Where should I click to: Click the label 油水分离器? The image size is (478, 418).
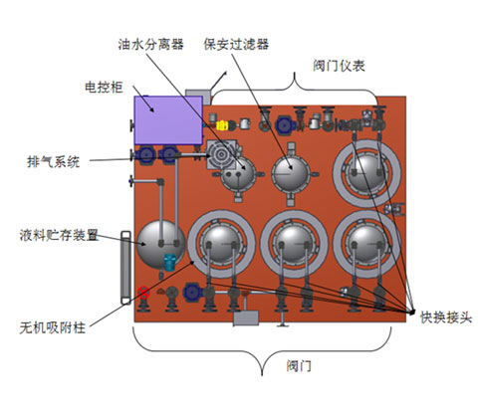click(150, 44)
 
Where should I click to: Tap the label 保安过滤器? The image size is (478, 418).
click(236, 44)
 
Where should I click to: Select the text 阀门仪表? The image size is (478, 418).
click(339, 66)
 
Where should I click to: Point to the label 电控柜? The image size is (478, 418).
click(104, 88)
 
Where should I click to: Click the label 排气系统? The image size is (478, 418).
click(54, 162)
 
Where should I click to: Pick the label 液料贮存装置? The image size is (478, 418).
click(59, 235)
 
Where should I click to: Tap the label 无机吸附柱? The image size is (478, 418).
click(53, 327)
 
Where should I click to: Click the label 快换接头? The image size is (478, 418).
click(446, 317)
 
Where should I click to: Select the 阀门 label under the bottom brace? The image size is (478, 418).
click(299, 366)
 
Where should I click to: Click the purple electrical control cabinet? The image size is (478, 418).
click(168, 120)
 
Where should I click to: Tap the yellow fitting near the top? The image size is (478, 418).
click(222, 125)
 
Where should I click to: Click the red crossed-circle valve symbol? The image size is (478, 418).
click(143, 293)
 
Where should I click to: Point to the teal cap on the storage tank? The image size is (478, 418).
click(169, 263)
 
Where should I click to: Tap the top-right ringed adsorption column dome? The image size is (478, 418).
click(366, 173)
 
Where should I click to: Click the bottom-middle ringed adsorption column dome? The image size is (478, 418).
click(294, 244)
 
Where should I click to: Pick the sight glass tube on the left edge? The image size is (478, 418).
click(125, 268)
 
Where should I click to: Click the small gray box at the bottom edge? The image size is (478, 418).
click(246, 318)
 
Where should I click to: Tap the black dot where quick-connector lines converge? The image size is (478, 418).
click(412, 312)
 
